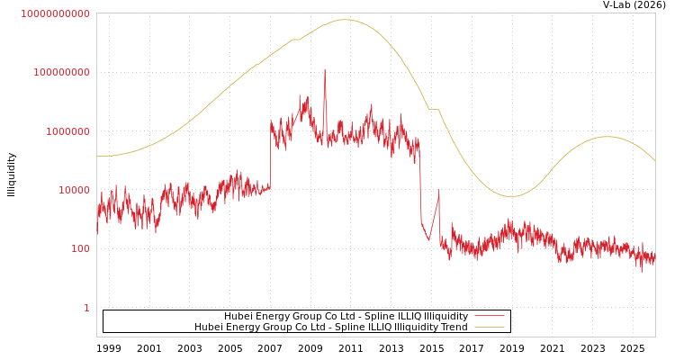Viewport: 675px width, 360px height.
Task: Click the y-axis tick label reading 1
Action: click(x=86, y=308)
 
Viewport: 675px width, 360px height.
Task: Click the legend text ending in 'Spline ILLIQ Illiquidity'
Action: click(x=346, y=316)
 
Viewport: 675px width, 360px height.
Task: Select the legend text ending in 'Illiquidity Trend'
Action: click(x=330, y=327)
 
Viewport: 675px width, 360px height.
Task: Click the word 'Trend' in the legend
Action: click(x=454, y=327)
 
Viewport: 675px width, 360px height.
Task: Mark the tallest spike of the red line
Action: click(x=325, y=69)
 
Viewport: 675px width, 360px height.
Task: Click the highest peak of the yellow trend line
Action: click(x=344, y=20)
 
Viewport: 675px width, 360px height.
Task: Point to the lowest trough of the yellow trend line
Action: click(x=510, y=196)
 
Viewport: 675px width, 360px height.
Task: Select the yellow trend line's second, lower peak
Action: click(x=608, y=137)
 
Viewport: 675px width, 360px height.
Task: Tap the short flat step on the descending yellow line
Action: click(x=434, y=110)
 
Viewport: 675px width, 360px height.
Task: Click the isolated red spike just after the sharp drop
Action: click(x=439, y=190)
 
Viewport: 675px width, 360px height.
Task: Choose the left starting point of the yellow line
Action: click(x=97, y=156)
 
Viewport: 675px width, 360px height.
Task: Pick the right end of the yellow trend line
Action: click(x=654, y=161)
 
